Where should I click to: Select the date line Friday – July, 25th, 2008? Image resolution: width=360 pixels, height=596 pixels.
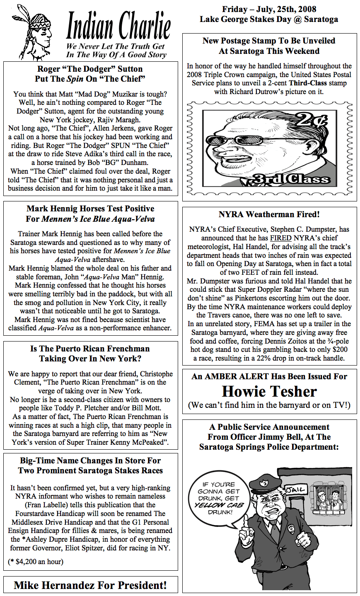tap(269, 9)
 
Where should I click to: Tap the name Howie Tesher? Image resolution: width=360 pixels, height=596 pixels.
tap(269, 392)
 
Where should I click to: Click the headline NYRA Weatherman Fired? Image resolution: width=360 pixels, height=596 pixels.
tap(269, 215)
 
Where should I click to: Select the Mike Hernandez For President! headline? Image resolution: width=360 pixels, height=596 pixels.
tap(90, 585)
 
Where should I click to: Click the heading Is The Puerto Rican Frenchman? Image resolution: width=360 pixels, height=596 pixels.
tap(90, 349)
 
